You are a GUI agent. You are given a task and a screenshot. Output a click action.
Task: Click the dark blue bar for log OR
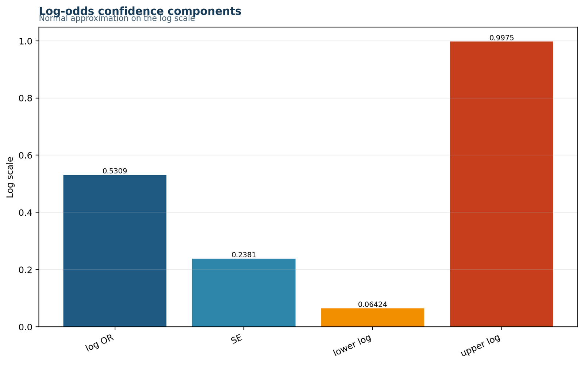(x=115, y=251)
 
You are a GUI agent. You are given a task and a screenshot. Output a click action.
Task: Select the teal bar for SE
(x=244, y=292)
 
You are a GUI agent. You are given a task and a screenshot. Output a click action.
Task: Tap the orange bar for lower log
(x=373, y=318)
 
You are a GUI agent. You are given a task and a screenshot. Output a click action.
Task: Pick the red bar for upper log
(x=502, y=184)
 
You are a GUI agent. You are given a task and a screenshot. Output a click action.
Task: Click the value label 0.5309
(x=115, y=171)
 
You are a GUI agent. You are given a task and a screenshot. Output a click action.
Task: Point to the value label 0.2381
(x=244, y=255)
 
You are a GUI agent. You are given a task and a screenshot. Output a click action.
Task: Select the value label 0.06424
(x=373, y=304)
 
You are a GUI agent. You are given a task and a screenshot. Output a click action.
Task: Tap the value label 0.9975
(x=502, y=38)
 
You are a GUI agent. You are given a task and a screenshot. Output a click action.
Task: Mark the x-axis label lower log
(x=352, y=345)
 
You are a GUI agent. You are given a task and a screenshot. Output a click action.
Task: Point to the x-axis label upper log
(x=480, y=345)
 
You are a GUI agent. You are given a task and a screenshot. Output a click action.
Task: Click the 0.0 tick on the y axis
(x=25, y=327)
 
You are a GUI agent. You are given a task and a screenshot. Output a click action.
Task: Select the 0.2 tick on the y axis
(x=25, y=270)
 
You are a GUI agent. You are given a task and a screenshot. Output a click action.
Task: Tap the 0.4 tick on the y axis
(x=25, y=213)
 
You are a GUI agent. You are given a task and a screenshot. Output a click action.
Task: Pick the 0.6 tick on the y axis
(x=25, y=155)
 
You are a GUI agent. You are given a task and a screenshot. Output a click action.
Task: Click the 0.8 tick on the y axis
(x=25, y=98)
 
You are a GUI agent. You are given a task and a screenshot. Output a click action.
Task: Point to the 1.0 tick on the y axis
(x=25, y=41)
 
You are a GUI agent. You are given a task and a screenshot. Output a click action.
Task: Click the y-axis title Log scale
(x=10, y=177)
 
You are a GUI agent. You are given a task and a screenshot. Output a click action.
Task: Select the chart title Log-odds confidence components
(x=140, y=11)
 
